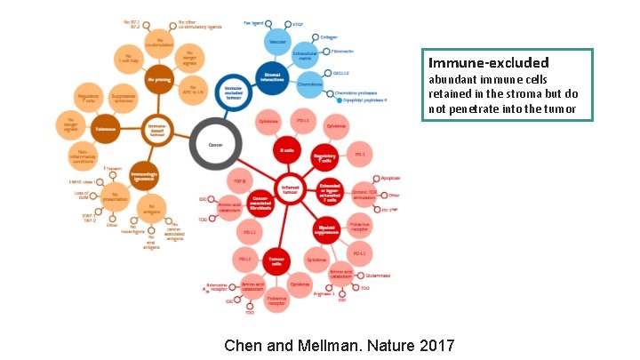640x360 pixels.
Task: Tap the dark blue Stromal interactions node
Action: [x=271, y=76]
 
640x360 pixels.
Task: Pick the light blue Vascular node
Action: [x=277, y=41]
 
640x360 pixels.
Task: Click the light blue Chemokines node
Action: [x=310, y=84]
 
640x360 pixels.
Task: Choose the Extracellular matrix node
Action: [x=306, y=53]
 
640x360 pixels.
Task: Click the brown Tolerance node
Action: [x=105, y=129]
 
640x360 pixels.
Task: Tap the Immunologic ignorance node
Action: [x=145, y=171]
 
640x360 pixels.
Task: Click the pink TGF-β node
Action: [x=240, y=181]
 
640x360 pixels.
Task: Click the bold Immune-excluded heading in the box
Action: [x=488, y=63]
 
